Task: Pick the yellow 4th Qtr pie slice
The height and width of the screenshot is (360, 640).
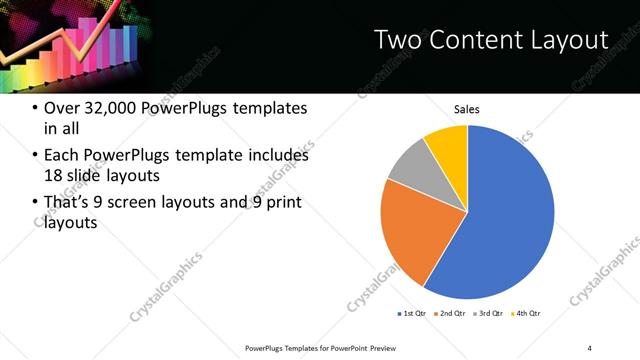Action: point(448,146)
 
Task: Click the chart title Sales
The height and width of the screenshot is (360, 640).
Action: point(467,109)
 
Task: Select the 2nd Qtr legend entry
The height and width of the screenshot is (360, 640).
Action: point(452,314)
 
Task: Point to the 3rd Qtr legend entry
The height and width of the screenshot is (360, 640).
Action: point(490,314)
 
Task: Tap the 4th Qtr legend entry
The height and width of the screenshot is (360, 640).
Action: point(527,314)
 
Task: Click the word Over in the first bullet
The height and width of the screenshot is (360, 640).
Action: point(65,108)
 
